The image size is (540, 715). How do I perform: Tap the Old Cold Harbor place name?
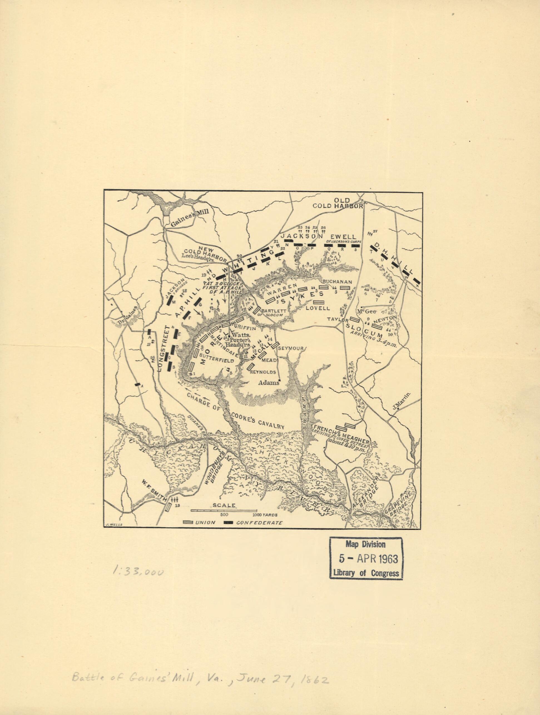coord(338,203)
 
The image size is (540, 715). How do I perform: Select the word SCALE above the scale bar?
coord(224,505)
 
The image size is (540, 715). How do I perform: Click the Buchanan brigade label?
coord(337,281)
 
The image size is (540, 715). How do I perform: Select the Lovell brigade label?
coord(318,308)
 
